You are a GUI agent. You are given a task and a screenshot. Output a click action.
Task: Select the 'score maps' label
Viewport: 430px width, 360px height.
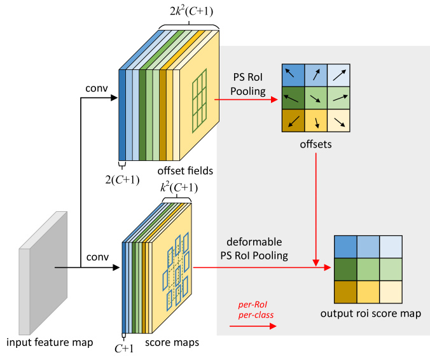(172, 343)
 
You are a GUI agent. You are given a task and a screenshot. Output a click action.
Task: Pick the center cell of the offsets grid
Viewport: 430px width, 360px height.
(316, 97)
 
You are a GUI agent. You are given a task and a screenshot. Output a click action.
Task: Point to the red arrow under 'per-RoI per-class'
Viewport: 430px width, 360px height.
(252, 326)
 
